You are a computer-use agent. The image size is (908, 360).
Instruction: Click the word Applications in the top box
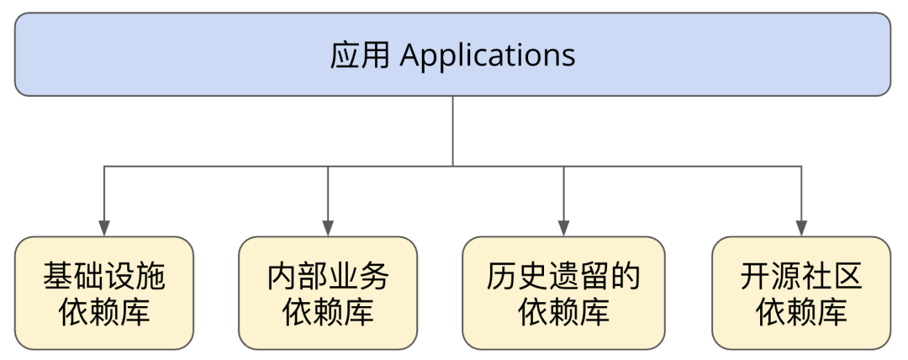[x=488, y=56]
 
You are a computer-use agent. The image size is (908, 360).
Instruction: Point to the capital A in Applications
[x=410, y=56]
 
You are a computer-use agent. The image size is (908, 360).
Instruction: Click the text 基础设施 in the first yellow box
[x=104, y=276]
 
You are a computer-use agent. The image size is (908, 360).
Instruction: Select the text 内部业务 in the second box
[x=328, y=276]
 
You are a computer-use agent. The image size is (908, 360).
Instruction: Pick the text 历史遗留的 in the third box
[x=563, y=276]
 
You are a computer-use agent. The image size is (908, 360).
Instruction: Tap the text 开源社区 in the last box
[x=801, y=276]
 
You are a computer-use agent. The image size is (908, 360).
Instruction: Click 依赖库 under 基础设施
[x=104, y=312]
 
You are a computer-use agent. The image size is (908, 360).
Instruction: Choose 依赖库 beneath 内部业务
[x=328, y=312]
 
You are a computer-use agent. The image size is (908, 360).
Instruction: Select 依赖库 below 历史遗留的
[x=563, y=312]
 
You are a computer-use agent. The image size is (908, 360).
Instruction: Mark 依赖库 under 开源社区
[x=801, y=312]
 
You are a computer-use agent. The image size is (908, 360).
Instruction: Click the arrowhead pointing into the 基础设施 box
[x=104, y=228]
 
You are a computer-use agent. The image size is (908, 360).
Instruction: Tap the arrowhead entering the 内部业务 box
[x=328, y=228]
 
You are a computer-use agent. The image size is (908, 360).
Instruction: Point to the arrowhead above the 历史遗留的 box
[x=563, y=228]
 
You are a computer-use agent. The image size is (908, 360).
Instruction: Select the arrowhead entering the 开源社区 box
[x=801, y=228]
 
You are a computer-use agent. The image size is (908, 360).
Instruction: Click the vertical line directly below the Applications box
[x=453, y=130]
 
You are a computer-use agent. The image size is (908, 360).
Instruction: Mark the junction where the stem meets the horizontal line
[x=453, y=167]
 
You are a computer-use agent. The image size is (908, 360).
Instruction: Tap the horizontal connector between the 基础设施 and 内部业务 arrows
[x=216, y=167]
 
